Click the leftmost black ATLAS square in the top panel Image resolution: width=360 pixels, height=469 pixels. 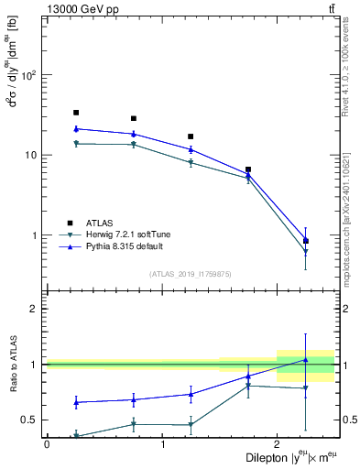[x=76, y=113]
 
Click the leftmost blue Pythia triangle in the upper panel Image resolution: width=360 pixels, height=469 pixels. [x=76, y=129]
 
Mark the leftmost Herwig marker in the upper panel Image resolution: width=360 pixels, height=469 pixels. [x=76, y=144]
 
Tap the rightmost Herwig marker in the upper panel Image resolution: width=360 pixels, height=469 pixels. [x=305, y=252]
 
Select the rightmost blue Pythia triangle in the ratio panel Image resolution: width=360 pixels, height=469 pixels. [x=305, y=360]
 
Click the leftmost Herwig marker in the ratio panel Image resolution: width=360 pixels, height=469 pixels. [x=76, y=436]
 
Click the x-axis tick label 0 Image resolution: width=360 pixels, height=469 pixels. [x=47, y=444]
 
